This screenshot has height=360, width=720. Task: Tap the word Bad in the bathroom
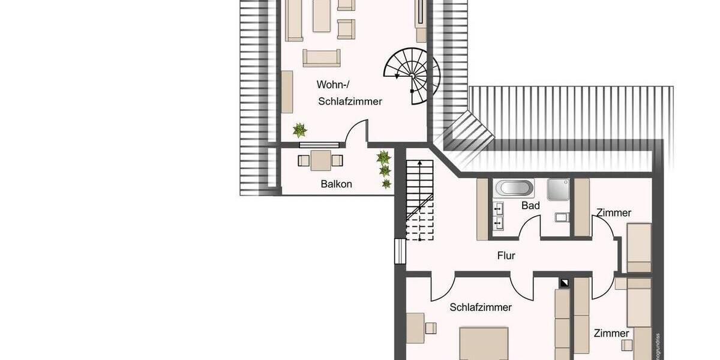pyautogui.click(x=530, y=206)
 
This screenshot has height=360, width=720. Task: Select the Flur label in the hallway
pyautogui.click(x=506, y=256)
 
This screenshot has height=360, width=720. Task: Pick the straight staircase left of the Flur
pyautogui.click(x=419, y=198)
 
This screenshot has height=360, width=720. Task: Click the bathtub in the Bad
pyautogui.click(x=514, y=188)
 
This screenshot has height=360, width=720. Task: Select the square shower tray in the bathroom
pyautogui.click(x=557, y=189)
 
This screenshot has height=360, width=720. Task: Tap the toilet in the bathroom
pyautogui.click(x=561, y=217)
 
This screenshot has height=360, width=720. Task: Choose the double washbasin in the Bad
pyautogui.click(x=497, y=217)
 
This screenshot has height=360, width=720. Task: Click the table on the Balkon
pyautogui.click(x=320, y=160)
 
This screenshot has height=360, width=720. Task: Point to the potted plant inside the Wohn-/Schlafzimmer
pyautogui.click(x=299, y=130)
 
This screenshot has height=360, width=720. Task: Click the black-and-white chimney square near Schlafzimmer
pyautogui.click(x=564, y=282)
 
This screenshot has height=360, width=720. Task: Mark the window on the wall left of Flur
pyautogui.click(x=398, y=251)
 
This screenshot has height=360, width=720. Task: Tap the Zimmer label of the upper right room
pyautogui.click(x=613, y=213)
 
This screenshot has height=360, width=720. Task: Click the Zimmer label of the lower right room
pyautogui.click(x=611, y=333)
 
